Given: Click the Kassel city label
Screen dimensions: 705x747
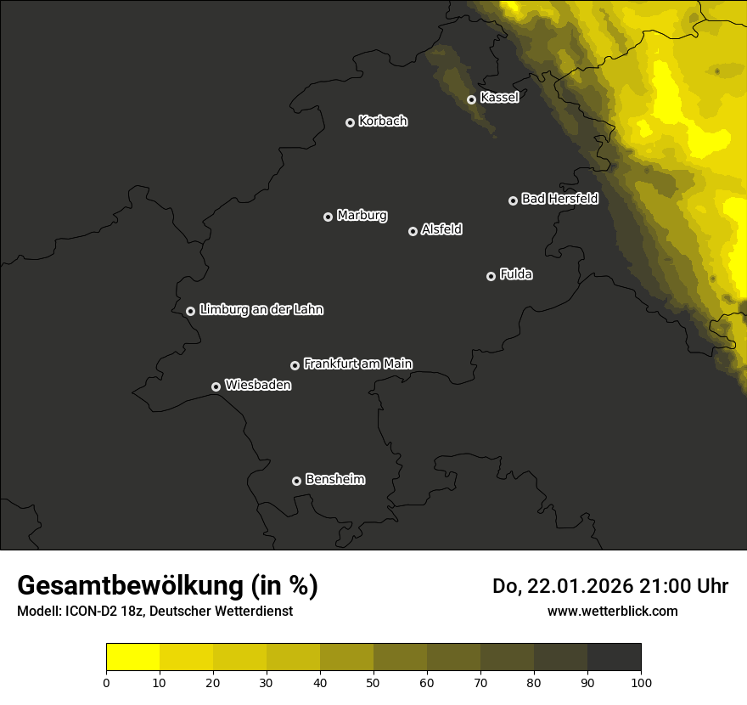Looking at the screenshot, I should tap(499, 98).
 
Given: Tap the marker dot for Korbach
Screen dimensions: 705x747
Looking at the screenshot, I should tap(350, 122).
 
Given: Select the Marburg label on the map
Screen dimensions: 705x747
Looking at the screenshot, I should tap(362, 216).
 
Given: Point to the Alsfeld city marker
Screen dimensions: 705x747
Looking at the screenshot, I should tap(413, 231).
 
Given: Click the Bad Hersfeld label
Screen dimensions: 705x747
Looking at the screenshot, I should tap(559, 199).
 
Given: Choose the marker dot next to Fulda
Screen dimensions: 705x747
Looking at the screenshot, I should tap(491, 276).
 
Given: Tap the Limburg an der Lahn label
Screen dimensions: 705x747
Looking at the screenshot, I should tap(261, 310).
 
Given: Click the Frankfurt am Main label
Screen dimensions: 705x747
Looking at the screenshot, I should tap(357, 364).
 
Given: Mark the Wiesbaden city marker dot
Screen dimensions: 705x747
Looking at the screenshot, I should tap(216, 386).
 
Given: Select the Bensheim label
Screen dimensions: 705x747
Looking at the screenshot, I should tap(334, 479).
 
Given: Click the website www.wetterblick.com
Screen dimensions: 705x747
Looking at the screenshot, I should tap(613, 611).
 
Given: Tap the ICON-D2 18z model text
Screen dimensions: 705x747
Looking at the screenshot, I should tap(110, 611).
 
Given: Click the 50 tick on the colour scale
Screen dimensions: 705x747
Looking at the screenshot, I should tap(373, 682).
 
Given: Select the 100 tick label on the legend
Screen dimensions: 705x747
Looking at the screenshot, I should tap(641, 682).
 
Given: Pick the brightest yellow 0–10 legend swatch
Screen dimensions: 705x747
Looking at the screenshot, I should tap(132, 657).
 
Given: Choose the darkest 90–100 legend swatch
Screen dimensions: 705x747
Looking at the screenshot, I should tap(614, 657).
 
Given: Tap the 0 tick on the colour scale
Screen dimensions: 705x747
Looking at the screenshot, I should tap(106, 682).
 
